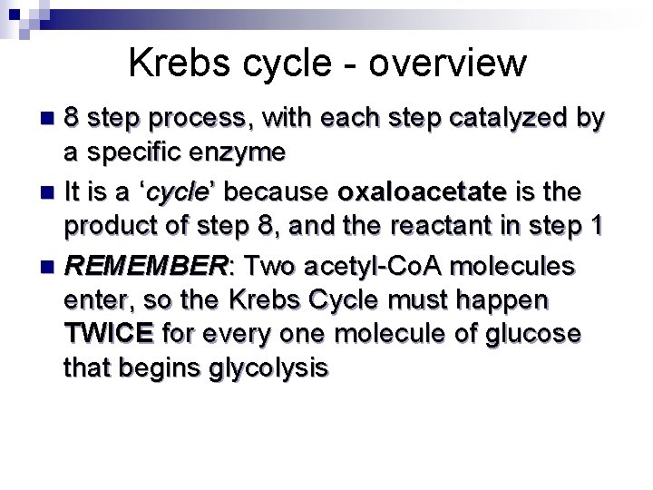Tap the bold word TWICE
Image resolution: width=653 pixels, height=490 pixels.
109,335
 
